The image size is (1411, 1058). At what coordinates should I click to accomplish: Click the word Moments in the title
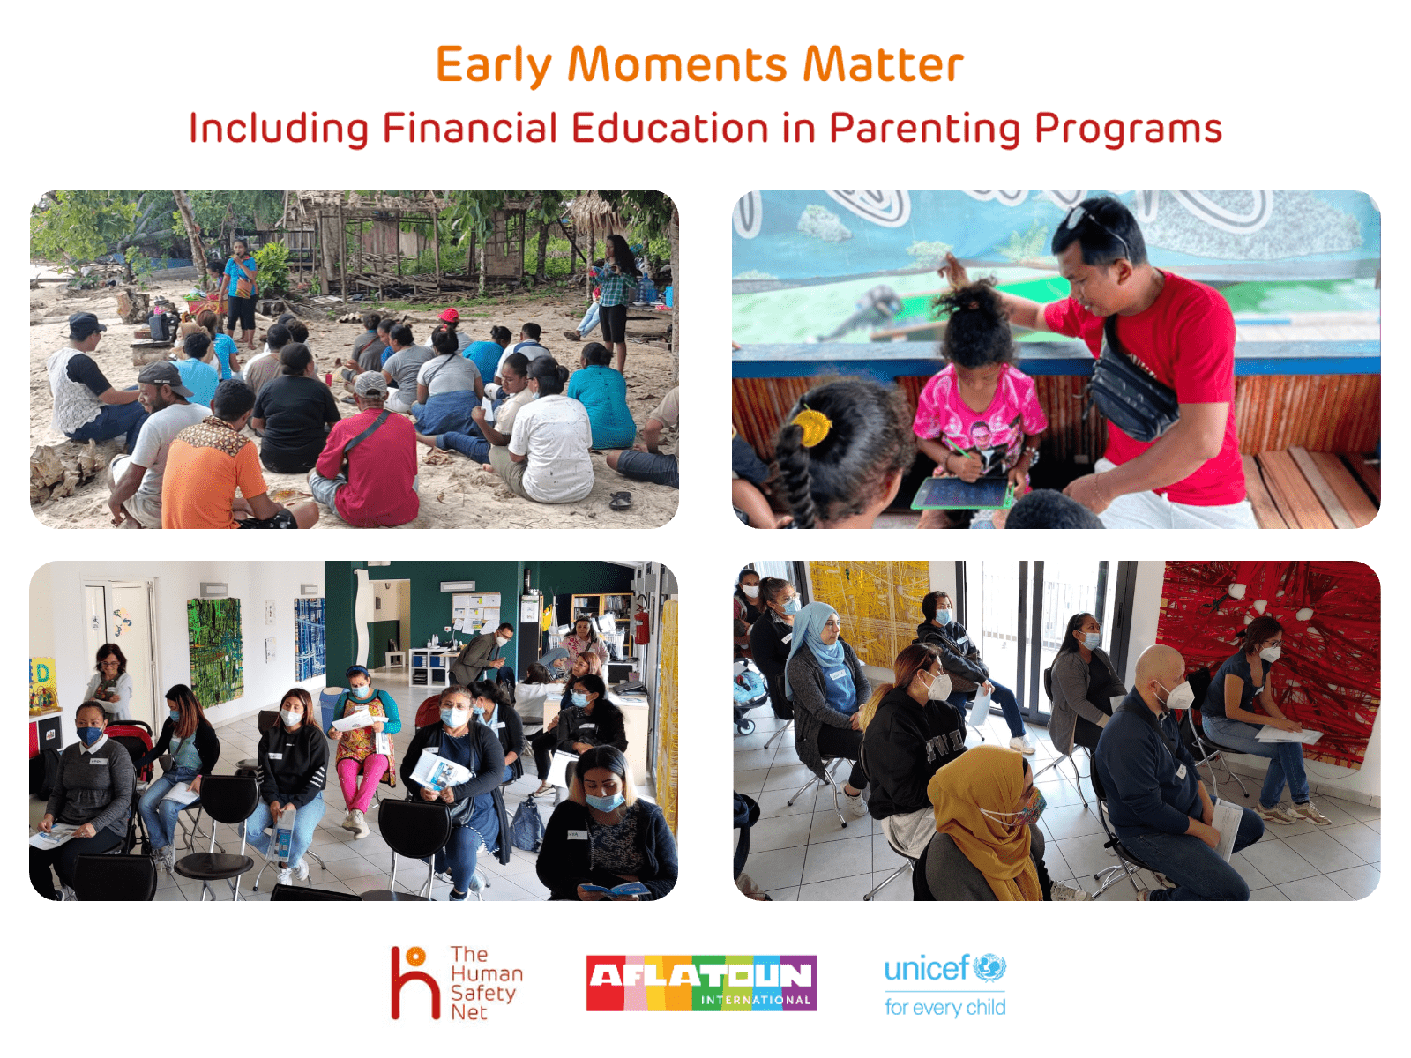(677, 65)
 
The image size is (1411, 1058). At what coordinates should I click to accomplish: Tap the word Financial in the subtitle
(470, 128)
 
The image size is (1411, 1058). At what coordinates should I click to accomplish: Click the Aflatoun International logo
(701, 983)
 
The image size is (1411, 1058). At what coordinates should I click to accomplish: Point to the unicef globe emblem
(989, 968)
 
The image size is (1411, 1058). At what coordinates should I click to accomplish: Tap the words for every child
(945, 1007)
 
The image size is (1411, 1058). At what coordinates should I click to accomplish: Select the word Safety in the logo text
(482, 994)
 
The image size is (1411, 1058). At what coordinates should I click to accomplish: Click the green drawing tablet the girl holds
(962, 493)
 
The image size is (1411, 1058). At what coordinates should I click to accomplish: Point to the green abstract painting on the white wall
(214, 652)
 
